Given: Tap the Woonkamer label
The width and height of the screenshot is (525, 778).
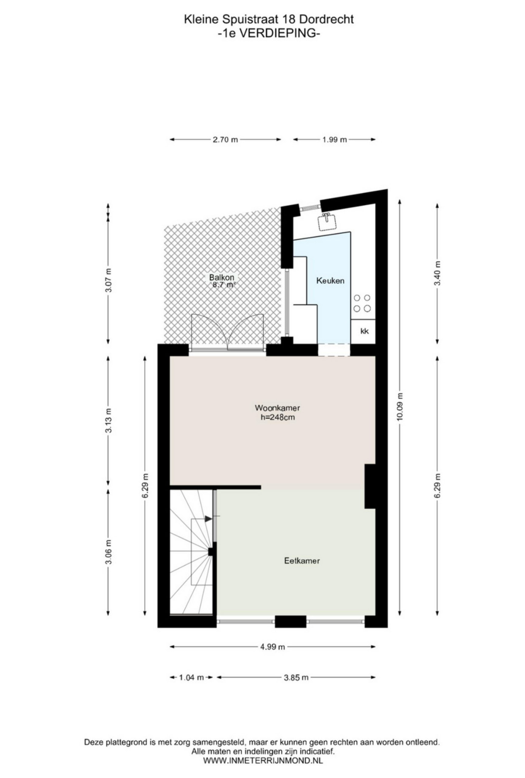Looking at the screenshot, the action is tap(277, 408).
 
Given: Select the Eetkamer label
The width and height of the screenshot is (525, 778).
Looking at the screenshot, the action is tap(302, 560).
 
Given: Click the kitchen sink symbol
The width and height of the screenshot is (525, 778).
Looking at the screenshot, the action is tap(326, 221).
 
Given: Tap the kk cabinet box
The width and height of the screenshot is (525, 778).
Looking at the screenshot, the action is tap(364, 331).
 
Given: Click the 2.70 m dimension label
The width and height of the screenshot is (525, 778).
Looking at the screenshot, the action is tap(225, 139).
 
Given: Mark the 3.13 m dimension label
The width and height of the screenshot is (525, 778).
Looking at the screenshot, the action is tap(108, 421).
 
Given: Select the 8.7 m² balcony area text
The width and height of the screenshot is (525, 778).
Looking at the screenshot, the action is tap(224, 285).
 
